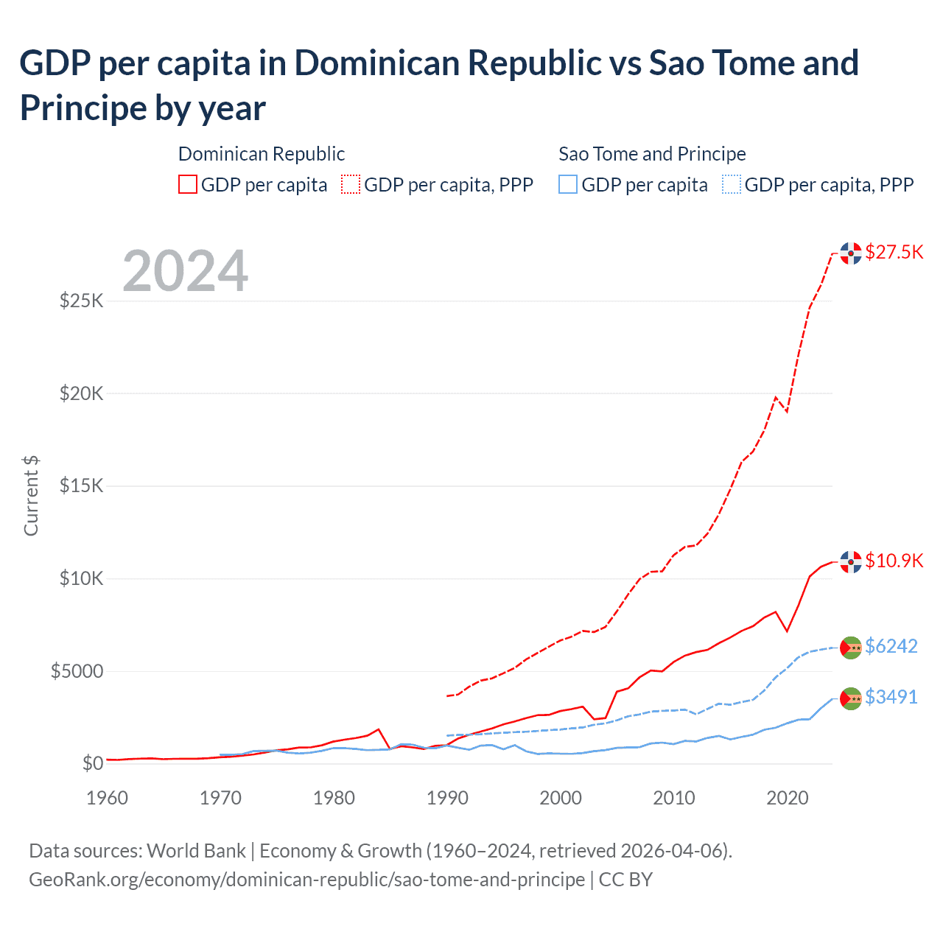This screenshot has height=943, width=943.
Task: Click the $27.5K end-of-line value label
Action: click(894, 252)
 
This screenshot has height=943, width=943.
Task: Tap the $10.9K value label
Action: click(894, 561)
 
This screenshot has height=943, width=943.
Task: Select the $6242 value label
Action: click(891, 646)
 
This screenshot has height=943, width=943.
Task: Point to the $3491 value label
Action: click(891, 697)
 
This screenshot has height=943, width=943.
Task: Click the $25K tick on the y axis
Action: click(81, 301)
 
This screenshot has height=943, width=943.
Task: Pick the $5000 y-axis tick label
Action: click(77, 671)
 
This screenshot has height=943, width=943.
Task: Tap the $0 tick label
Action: click(92, 763)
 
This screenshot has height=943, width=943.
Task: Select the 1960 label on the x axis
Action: click(107, 798)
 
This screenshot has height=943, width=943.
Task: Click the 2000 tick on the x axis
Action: click(561, 798)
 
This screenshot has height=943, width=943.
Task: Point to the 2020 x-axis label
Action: click(788, 798)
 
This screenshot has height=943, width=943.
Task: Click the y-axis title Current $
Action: click(31, 496)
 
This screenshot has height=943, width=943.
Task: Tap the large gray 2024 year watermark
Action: click(185, 271)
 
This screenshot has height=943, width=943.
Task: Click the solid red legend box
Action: click(188, 184)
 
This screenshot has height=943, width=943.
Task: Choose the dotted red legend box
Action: click(351, 184)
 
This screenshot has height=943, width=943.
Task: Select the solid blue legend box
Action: click(568, 184)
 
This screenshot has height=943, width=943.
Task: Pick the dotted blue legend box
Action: click(732, 184)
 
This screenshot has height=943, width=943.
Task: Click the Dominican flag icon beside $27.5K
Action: click(851, 253)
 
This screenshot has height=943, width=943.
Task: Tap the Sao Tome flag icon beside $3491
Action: click(851, 698)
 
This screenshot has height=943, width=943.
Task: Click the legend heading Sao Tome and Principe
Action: click(652, 154)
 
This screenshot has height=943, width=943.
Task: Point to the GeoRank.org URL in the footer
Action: click(306, 880)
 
